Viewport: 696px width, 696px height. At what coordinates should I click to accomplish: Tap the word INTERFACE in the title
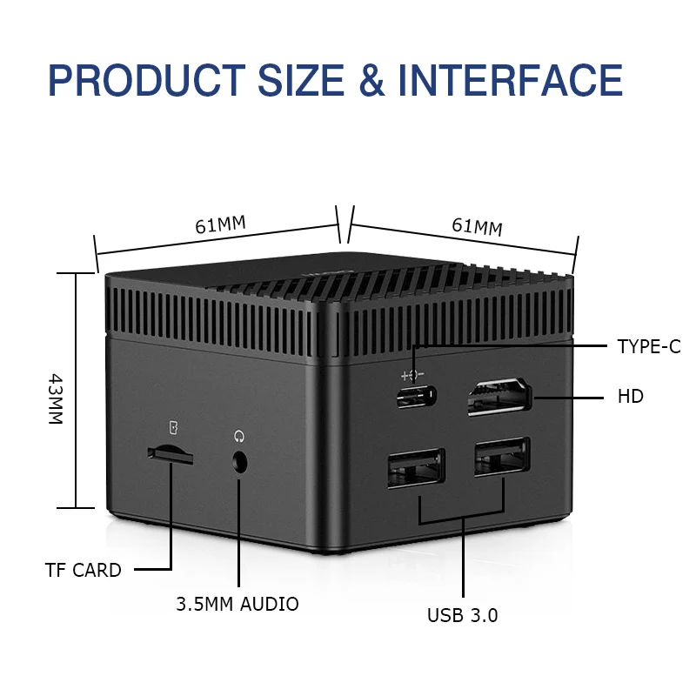[511, 80]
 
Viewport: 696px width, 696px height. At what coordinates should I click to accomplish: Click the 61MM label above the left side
[220, 224]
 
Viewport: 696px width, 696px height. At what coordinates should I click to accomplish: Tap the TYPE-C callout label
[649, 346]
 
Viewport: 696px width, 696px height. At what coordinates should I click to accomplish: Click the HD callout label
[631, 397]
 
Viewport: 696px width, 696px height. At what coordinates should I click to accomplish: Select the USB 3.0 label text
[462, 616]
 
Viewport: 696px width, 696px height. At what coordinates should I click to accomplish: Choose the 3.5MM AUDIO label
[238, 604]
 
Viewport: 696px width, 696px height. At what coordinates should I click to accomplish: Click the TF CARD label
[84, 571]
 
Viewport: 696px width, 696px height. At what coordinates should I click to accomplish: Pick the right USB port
[501, 461]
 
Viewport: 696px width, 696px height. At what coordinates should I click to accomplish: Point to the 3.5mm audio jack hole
[240, 463]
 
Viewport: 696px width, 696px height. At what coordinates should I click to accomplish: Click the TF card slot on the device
[170, 452]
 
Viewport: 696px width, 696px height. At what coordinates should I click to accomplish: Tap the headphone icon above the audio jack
[238, 434]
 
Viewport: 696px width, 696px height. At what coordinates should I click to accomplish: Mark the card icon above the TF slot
[173, 426]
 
